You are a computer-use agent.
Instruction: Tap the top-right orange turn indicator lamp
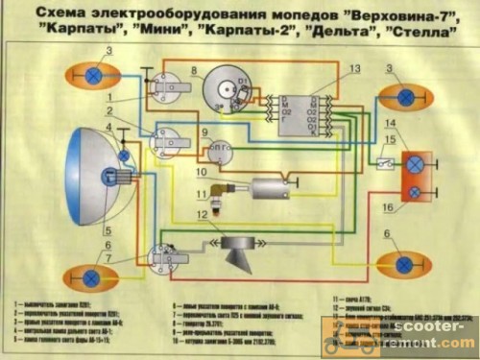(404, 96)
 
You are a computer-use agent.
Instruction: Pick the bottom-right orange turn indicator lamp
(404, 264)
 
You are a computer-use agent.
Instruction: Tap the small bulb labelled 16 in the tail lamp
(415, 192)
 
